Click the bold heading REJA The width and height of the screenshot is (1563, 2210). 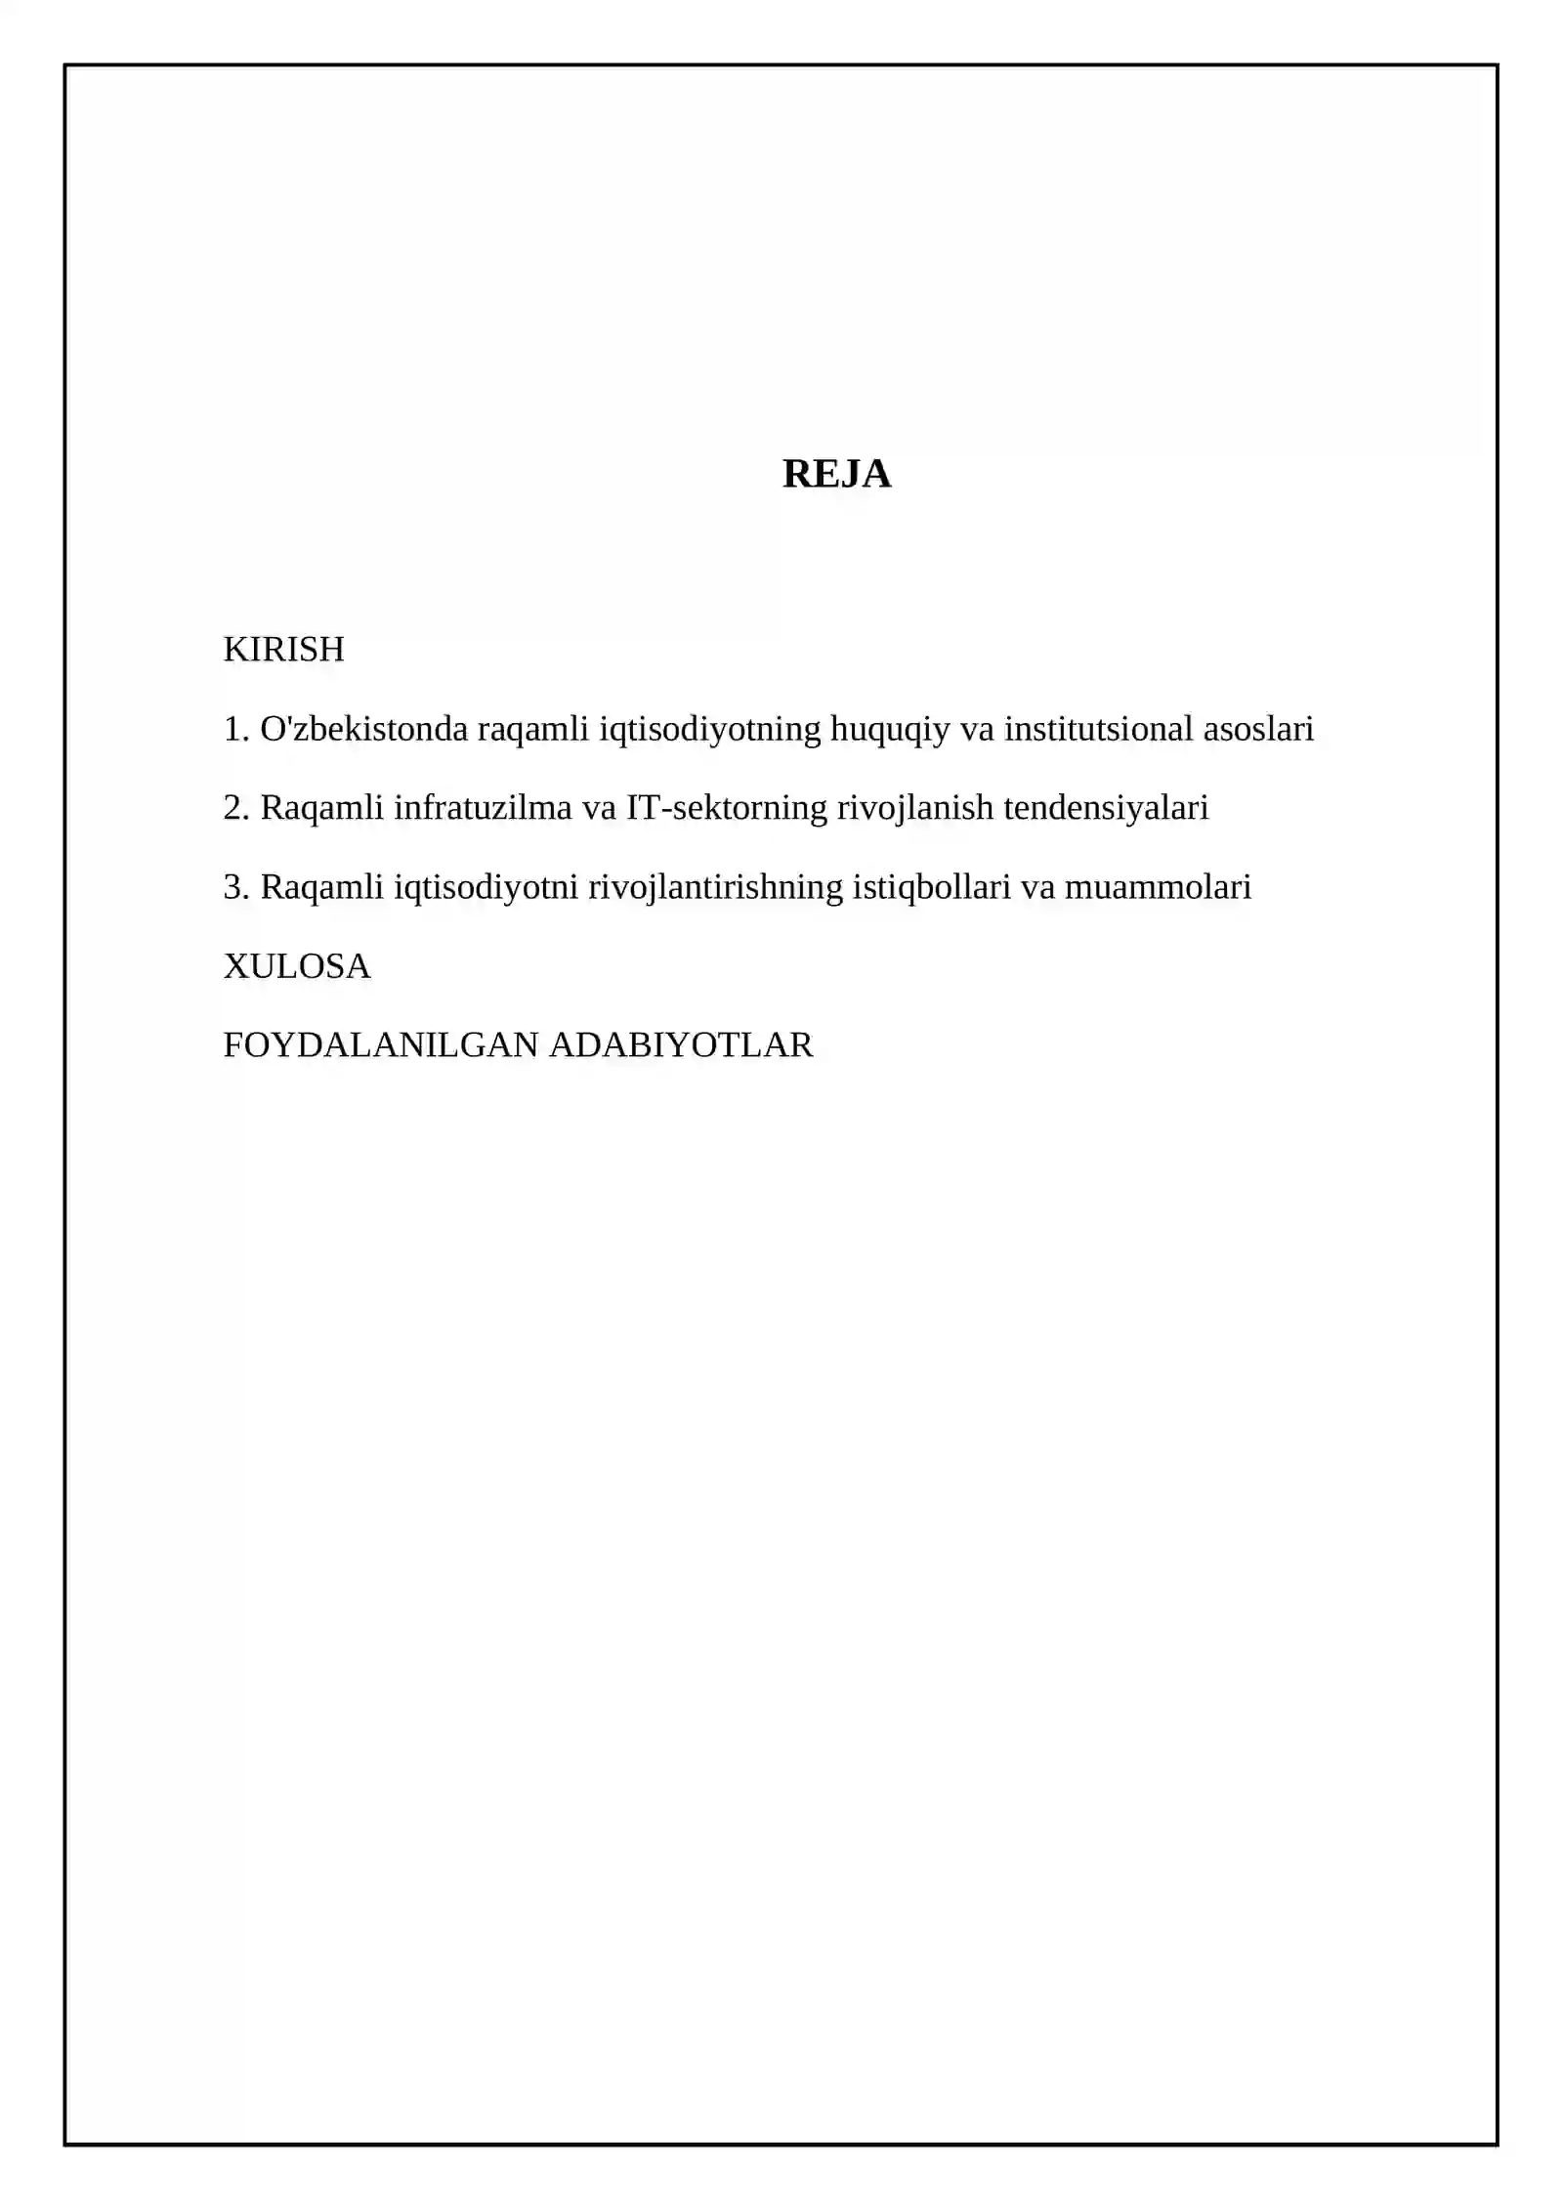click(x=836, y=474)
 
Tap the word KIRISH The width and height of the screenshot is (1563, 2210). click(x=283, y=650)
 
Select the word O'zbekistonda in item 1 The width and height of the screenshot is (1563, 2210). click(x=364, y=729)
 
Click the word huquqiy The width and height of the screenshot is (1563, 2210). click(x=889, y=729)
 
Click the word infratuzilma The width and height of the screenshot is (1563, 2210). click(x=483, y=808)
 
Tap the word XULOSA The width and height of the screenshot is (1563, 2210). click(x=297, y=966)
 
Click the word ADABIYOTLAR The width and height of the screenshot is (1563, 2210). click(x=681, y=1045)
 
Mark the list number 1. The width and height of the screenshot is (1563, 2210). click(x=235, y=729)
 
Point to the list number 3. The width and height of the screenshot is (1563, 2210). click(x=235, y=887)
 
